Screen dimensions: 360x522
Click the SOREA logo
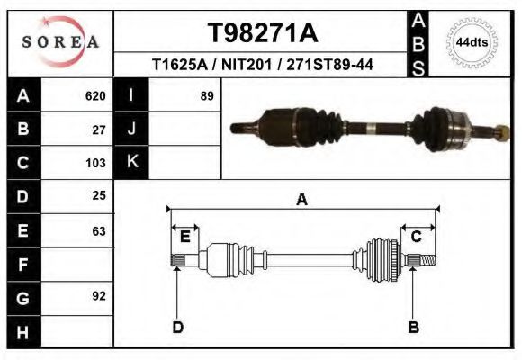pyautogui.click(x=60, y=42)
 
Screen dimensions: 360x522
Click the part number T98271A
pyautogui.click(x=262, y=33)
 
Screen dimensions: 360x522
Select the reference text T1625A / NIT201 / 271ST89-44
pyautogui.click(x=263, y=65)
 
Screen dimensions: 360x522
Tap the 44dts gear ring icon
pyautogui.click(x=472, y=42)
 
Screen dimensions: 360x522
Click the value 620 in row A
pyautogui.click(x=95, y=96)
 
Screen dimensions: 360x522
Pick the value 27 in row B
pyautogui.click(x=99, y=129)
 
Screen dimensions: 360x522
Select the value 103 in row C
pyautogui.click(x=95, y=163)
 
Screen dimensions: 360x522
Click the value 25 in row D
pyautogui.click(x=99, y=196)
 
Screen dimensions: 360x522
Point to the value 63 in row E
pyautogui.click(x=99, y=230)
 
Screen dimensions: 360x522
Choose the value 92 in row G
pyautogui.click(x=99, y=296)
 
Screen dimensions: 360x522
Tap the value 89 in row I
pyautogui.click(x=206, y=96)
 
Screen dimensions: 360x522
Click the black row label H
pyautogui.click(x=22, y=331)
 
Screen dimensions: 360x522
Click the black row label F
pyautogui.click(x=22, y=265)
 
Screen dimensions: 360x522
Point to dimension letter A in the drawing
pyautogui.click(x=301, y=201)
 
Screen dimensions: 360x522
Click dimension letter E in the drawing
pyautogui.click(x=184, y=237)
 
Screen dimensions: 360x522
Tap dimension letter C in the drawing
pyautogui.click(x=417, y=237)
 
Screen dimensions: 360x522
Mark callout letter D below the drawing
pyautogui.click(x=177, y=328)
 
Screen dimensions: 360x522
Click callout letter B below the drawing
pyautogui.click(x=413, y=328)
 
